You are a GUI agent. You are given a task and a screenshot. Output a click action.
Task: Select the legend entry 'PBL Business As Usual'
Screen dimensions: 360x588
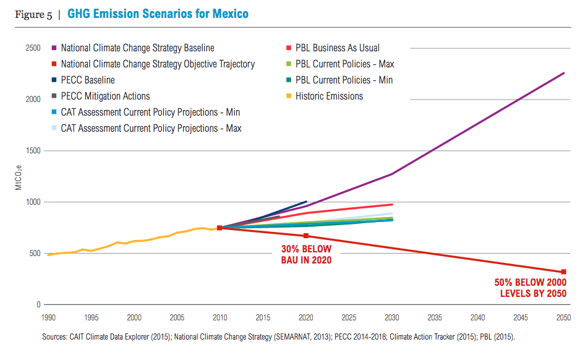[x=337, y=48]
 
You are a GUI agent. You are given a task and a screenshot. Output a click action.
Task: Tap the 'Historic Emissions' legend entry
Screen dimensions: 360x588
[x=329, y=96]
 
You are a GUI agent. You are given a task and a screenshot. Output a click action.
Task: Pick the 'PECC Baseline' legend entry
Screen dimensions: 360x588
[x=88, y=80]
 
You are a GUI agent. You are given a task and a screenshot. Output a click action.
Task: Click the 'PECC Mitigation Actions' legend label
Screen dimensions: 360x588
[x=105, y=96]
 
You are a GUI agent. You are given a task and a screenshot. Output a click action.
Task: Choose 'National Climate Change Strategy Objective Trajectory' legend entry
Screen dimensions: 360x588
[x=158, y=64]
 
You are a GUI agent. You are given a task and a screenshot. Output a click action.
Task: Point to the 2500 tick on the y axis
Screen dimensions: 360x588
[x=33, y=48]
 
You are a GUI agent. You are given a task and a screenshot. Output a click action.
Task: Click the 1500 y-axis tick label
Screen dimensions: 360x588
[x=33, y=150]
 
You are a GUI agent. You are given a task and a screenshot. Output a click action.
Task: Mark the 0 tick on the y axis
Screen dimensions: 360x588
[x=38, y=304]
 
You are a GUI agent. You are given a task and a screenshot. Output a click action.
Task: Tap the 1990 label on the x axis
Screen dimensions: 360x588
[x=48, y=317]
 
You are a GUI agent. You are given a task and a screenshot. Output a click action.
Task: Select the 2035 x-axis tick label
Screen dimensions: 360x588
[x=435, y=317]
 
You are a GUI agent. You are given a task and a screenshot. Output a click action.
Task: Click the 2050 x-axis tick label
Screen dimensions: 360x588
[x=563, y=317]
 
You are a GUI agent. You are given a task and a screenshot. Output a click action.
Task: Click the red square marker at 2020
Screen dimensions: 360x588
[x=305, y=236]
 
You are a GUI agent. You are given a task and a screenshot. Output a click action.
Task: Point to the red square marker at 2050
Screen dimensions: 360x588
[x=563, y=272]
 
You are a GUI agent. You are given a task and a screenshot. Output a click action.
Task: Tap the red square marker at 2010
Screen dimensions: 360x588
[x=219, y=228]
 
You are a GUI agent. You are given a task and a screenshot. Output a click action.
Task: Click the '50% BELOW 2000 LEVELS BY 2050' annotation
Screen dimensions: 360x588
[x=530, y=288]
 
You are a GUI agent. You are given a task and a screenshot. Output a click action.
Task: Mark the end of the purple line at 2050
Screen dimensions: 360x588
[x=563, y=73]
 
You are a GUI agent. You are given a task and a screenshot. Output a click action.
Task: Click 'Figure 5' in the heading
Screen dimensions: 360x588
[x=33, y=14]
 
